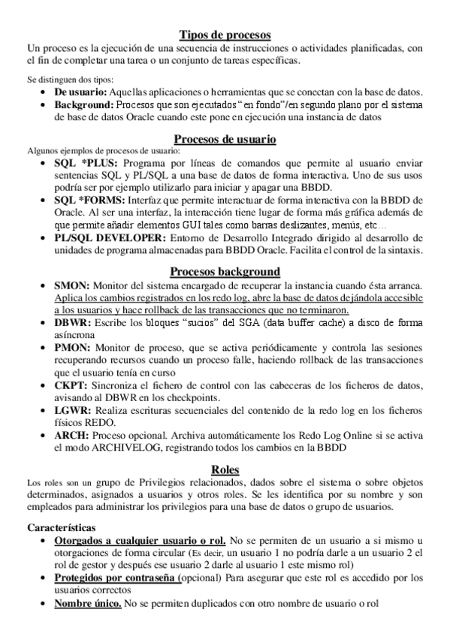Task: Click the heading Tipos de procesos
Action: (225, 35)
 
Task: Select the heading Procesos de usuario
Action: (225, 139)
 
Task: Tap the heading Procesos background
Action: (225, 271)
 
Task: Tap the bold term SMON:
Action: (72, 286)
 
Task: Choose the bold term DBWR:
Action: (73, 323)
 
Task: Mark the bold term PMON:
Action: (72, 348)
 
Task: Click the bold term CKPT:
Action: (71, 385)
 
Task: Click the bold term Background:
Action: (83, 104)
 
